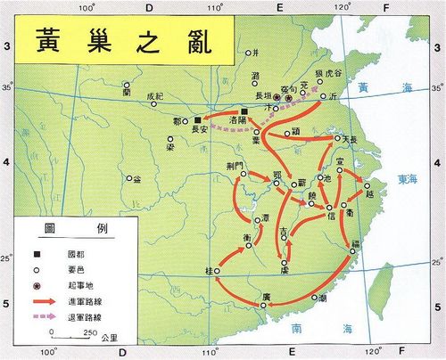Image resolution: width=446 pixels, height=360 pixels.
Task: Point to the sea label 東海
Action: click(409, 177)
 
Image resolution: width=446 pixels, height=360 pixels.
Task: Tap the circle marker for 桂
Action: click(216, 270)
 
